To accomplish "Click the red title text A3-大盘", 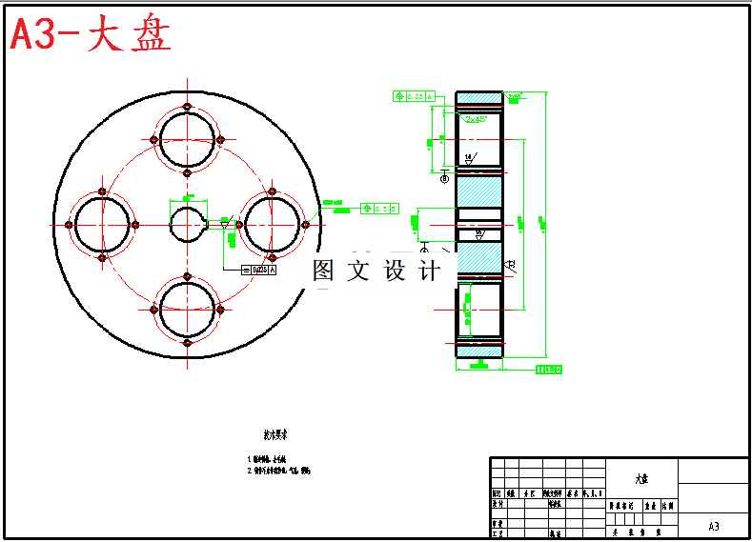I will (91, 36).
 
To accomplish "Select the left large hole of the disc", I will (102, 224).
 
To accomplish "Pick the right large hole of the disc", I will (272, 224).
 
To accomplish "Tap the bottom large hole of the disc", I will (187, 310).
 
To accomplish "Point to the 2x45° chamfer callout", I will (477, 119).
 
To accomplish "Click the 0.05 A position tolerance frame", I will (414, 96).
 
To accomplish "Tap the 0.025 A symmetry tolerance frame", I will (259, 271).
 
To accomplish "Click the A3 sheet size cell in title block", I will (713, 526).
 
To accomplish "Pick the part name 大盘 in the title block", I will (640, 478).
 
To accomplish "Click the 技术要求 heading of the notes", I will (276, 434).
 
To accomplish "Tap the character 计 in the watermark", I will (431, 271).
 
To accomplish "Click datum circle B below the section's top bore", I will (444, 177).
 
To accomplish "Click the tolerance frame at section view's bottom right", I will (548, 370).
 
